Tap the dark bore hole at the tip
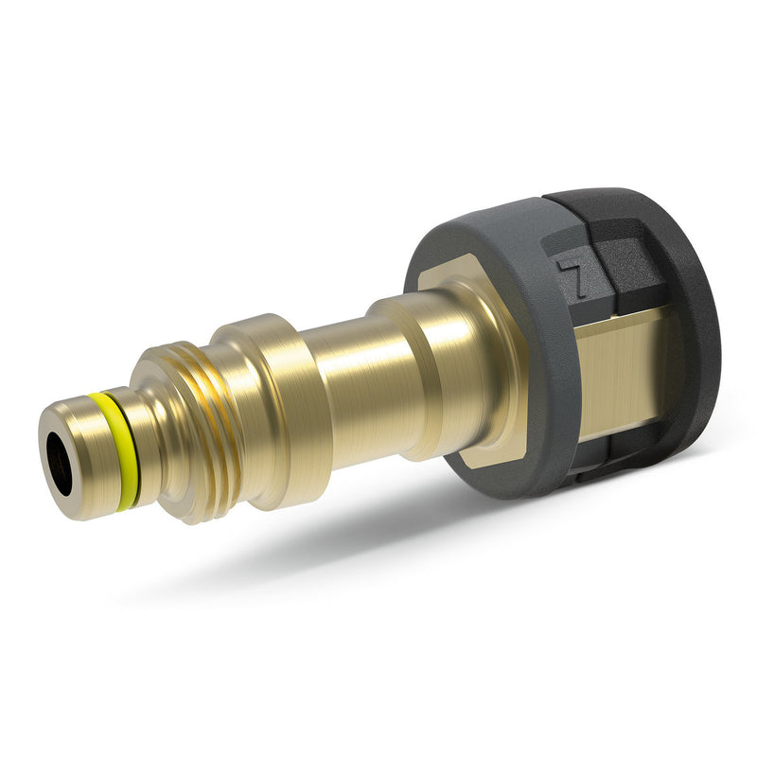click(x=60, y=456)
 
